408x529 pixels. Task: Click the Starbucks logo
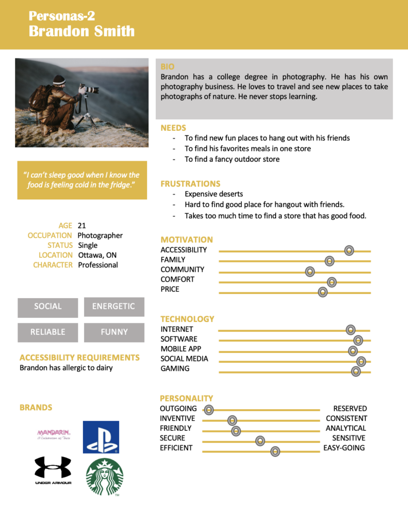105,477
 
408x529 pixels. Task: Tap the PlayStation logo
101,437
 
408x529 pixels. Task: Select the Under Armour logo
53,470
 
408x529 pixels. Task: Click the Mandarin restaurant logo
53,434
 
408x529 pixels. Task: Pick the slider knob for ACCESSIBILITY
349,251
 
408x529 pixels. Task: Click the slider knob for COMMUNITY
309,271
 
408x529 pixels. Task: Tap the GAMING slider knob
355,371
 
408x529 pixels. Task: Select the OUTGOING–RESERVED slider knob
208,410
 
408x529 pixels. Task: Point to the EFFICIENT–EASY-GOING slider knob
275,451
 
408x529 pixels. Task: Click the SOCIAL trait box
48,307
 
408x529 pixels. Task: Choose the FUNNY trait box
114,332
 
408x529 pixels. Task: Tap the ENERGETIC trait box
114,307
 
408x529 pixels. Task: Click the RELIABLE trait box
48,332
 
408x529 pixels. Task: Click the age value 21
81,226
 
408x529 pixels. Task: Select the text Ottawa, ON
97,255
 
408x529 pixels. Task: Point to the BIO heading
168,67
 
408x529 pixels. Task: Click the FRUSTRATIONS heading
190,184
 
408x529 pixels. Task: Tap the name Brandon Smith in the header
81,31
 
